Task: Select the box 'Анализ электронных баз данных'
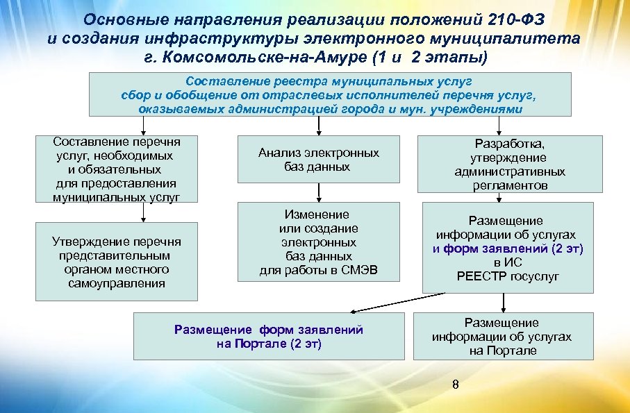[319, 160]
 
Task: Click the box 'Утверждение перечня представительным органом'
[117, 262]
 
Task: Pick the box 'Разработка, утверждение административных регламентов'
[510, 164]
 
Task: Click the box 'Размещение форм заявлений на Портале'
[269, 337]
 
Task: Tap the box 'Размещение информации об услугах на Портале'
[501, 337]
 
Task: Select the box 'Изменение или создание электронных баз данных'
[319, 242]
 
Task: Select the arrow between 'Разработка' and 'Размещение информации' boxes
[504, 197]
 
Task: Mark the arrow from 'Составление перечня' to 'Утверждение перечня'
[143, 212]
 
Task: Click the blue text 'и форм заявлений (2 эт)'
[508, 248]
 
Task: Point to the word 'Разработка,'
[510, 143]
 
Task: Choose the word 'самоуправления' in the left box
[117, 283]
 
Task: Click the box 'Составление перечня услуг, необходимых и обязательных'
[117, 169]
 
